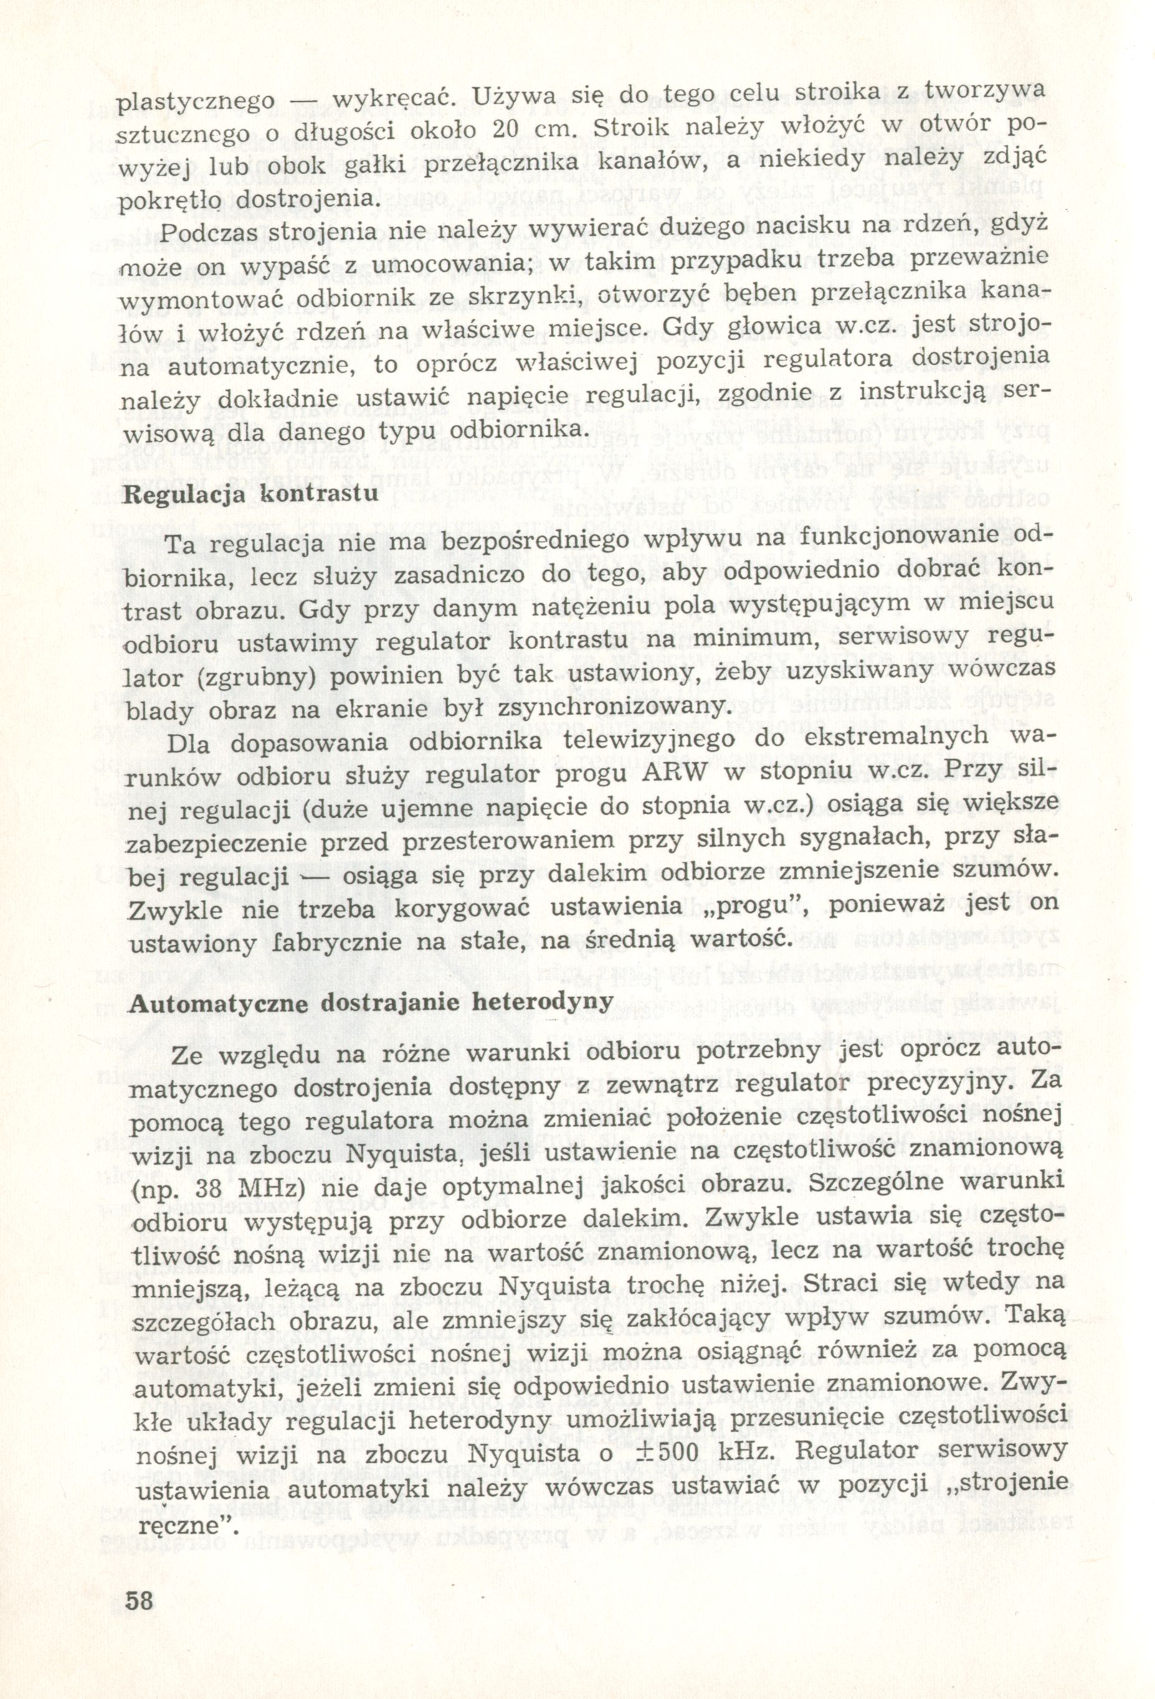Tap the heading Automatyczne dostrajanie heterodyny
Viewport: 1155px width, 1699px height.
point(369,1001)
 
